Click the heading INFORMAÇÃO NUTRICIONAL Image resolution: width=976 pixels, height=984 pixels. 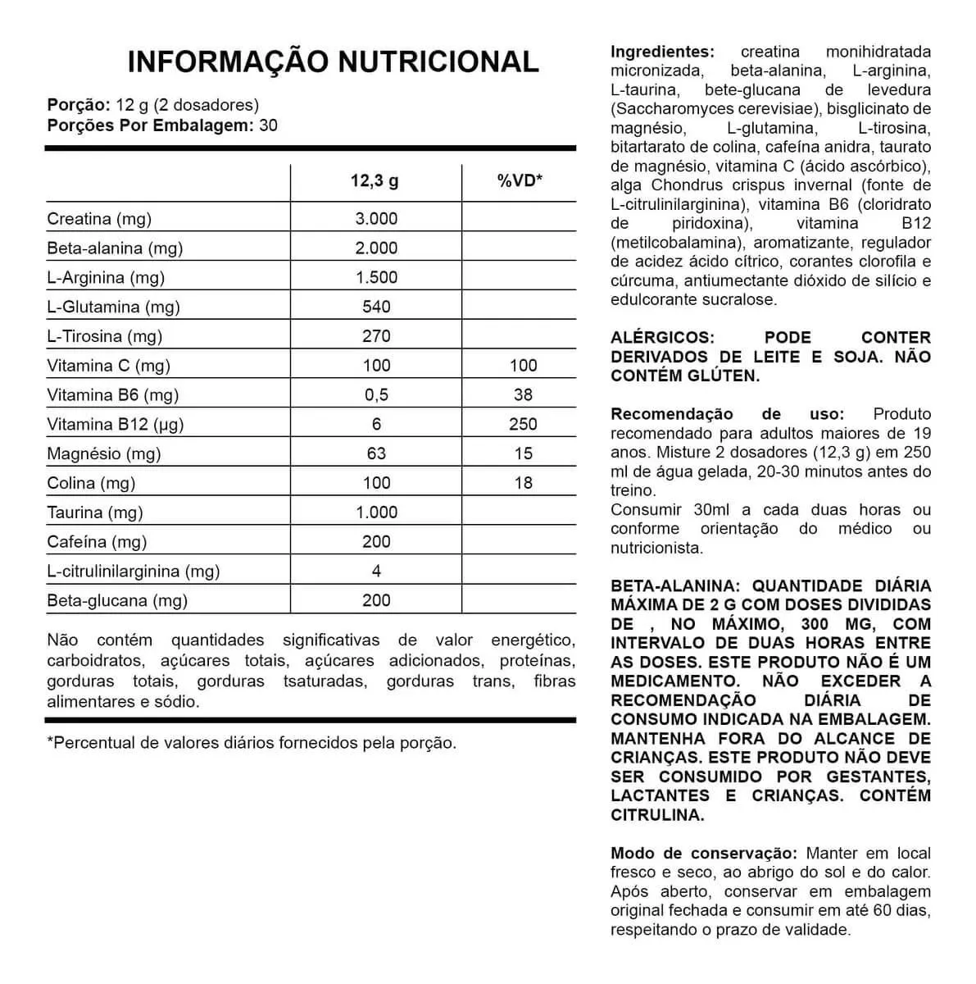click(x=334, y=61)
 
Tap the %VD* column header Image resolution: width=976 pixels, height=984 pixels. click(x=520, y=181)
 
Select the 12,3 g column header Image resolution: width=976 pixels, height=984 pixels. click(x=375, y=181)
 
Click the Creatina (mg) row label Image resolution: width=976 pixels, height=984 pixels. click(x=99, y=219)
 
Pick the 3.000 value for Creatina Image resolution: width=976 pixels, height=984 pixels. click(x=376, y=219)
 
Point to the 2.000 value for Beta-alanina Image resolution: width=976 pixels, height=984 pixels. click(x=376, y=248)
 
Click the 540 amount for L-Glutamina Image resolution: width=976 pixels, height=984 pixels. click(x=376, y=307)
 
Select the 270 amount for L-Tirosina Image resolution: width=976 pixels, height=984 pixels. click(x=376, y=336)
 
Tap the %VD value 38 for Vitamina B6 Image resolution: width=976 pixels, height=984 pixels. click(x=523, y=395)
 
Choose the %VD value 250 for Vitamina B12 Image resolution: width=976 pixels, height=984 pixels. click(x=523, y=424)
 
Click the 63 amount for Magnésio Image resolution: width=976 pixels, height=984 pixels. click(x=376, y=453)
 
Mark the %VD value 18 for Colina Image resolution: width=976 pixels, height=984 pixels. click(x=523, y=483)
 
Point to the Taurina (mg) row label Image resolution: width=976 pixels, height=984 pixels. click(x=95, y=512)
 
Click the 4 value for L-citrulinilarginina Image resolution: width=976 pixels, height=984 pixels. click(x=376, y=571)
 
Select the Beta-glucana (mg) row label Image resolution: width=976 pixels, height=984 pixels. click(x=117, y=600)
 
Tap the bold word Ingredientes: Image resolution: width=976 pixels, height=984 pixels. click(x=662, y=52)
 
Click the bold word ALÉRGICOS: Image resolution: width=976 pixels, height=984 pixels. click(x=662, y=338)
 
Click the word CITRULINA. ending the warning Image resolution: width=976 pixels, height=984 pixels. click(x=657, y=815)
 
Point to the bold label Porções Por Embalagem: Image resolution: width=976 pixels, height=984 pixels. click(x=150, y=125)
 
